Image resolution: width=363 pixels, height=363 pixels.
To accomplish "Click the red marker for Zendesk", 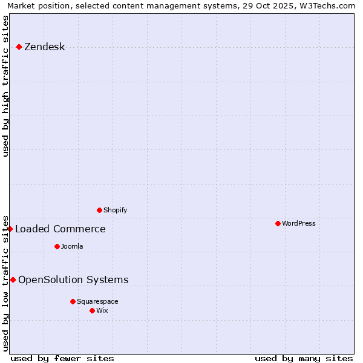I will (19, 47).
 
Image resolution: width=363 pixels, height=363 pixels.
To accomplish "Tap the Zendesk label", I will (44, 47).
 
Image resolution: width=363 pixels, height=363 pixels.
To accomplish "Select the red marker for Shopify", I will (99, 210).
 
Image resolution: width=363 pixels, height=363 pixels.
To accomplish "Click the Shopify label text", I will (115, 211).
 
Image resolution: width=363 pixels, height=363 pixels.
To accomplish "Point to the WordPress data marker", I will (278, 223).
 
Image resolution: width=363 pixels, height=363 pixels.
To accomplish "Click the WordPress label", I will (298, 224).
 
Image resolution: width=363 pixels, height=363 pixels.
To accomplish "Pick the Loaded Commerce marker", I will (10, 229).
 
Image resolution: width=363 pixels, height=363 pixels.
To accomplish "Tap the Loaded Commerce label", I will (60, 229).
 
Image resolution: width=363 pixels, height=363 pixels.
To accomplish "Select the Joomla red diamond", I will (57, 246).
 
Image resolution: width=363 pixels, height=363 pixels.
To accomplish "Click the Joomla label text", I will (72, 247).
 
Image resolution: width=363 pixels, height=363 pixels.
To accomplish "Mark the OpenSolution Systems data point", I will (13, 280).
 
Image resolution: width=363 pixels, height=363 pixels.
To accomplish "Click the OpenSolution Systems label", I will (73, 280).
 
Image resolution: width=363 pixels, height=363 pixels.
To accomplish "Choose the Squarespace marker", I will (73, 301).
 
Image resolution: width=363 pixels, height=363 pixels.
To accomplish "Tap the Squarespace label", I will (97, 302).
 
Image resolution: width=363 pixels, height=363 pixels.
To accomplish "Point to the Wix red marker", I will (92, 310).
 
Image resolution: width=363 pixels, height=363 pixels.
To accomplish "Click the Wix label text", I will (102, 311).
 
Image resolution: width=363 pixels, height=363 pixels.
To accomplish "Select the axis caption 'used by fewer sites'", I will (62, 358).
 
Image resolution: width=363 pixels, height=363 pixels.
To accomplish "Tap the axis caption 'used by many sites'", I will (304, 358).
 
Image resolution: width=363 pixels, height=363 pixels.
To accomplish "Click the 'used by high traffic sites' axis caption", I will (5, 86).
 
